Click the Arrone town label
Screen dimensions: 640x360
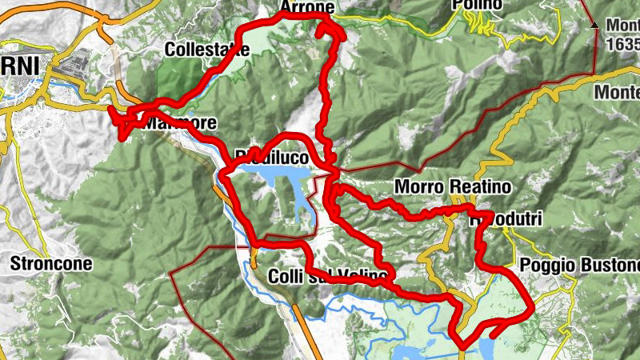pos(307,7)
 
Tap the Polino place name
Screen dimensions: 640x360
pos(476,6)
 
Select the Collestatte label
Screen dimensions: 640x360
pos(207,50)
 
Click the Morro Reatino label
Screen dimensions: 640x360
pos(442,186)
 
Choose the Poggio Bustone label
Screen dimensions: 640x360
pos(580,265)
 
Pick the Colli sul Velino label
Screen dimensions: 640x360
pos(328,277)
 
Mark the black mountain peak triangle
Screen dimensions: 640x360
pos(595,26)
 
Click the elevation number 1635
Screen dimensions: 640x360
pos(624,46)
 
